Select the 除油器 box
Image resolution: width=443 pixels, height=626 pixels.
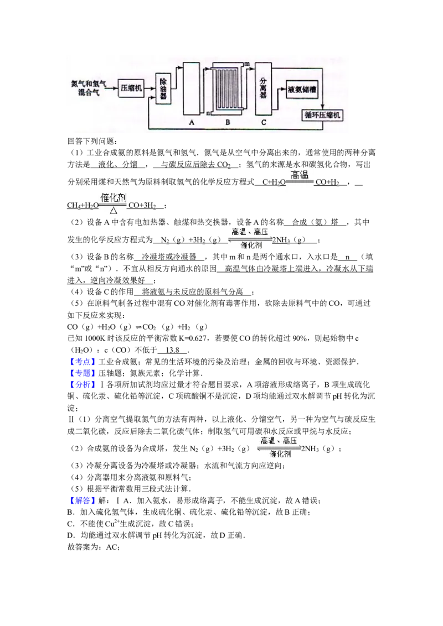click(163, 88)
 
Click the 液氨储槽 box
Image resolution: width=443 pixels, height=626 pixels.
click(305, 90)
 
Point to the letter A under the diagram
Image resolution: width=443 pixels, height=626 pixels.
click(192, 123)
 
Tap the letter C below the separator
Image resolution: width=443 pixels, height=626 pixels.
click(264, 123)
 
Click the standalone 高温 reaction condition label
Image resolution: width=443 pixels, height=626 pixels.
click(299, 175)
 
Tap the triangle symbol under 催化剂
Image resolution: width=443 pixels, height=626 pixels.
click(113, 211)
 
